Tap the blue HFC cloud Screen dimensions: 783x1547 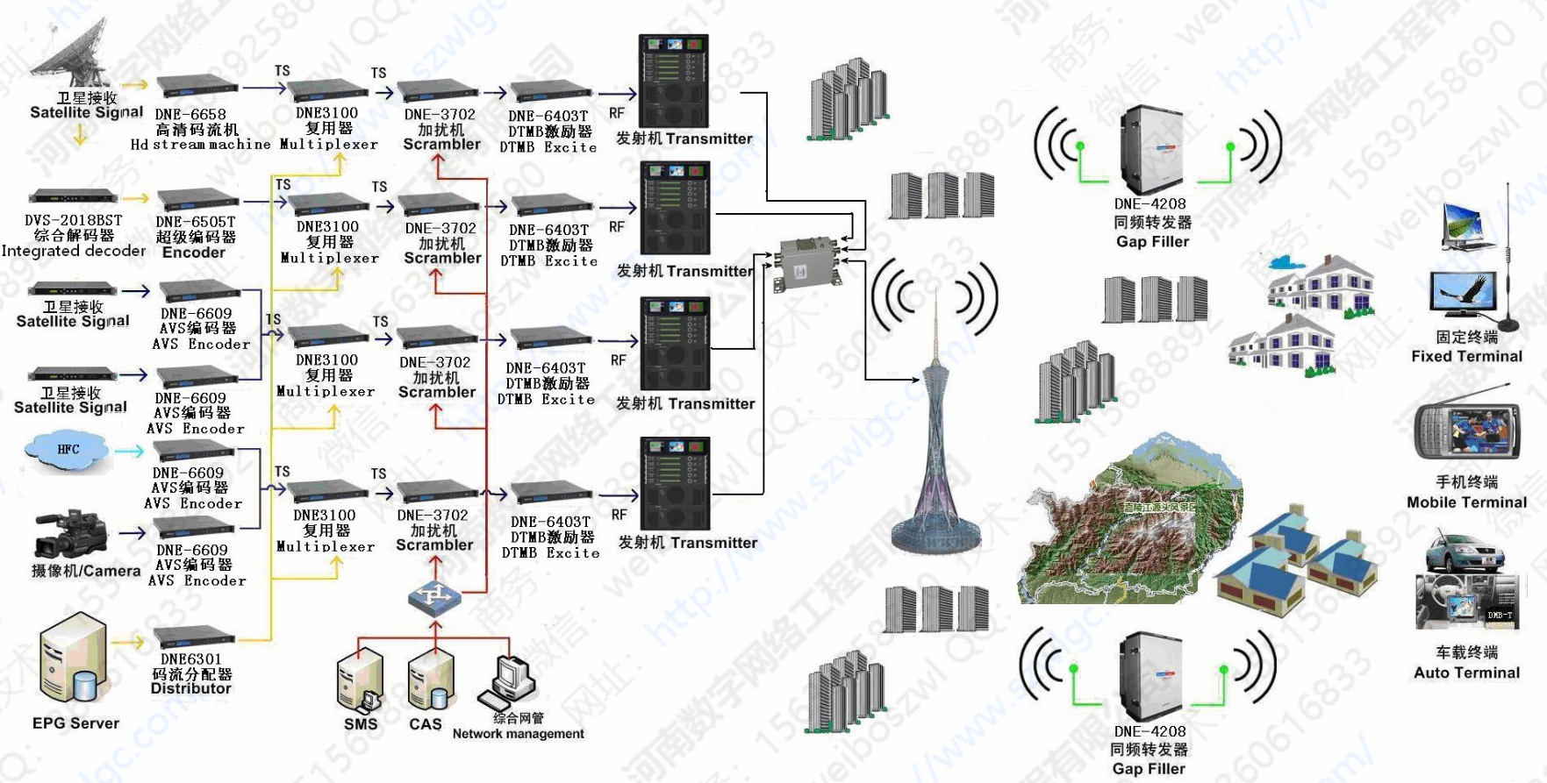[68, 451]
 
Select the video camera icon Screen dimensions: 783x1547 [69, 533]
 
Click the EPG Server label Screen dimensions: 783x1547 [75, 723]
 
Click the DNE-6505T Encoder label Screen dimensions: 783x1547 [195, 238]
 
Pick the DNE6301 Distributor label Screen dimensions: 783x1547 [191, 673]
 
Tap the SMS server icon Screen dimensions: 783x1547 [360, 679]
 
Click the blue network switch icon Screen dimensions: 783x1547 [434, 597]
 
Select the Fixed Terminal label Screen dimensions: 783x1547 [1466, 356]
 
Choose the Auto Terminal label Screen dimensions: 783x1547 [1466, 673]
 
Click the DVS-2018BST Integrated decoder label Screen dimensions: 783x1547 [74, 235]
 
